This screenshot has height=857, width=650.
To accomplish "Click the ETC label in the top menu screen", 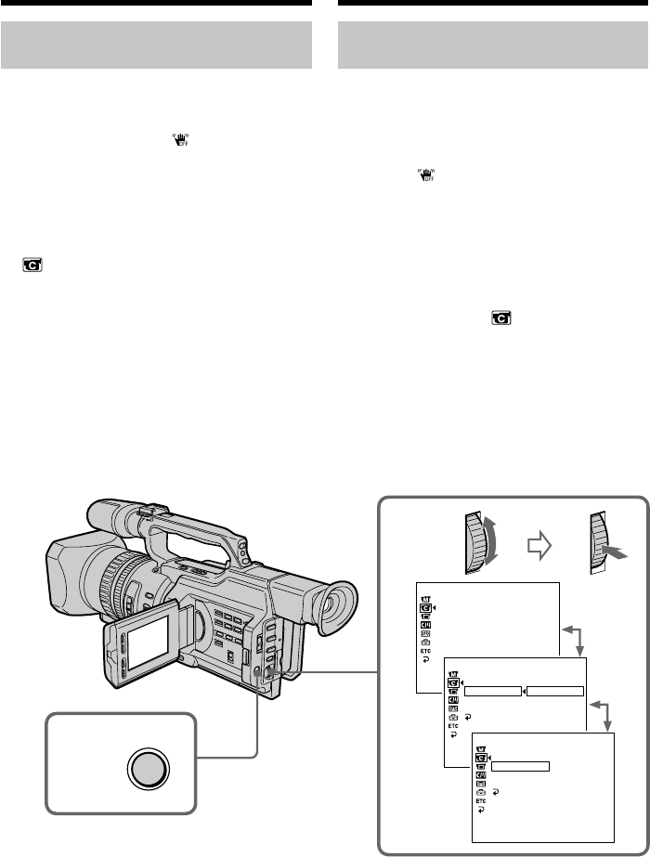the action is point(425,652).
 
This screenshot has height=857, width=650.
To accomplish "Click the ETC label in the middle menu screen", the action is point(452,726).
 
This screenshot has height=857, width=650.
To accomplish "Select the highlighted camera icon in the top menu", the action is point(425,607).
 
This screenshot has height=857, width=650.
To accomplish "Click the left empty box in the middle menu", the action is point(492,692).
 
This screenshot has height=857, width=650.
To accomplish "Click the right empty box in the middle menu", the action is point(555,692).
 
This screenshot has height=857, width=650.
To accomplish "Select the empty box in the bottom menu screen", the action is point(520,766).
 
